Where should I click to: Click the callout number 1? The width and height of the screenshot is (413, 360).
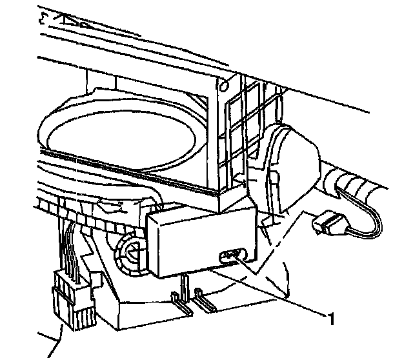pos(331,317)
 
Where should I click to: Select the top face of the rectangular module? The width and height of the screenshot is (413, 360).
pos(200,213)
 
